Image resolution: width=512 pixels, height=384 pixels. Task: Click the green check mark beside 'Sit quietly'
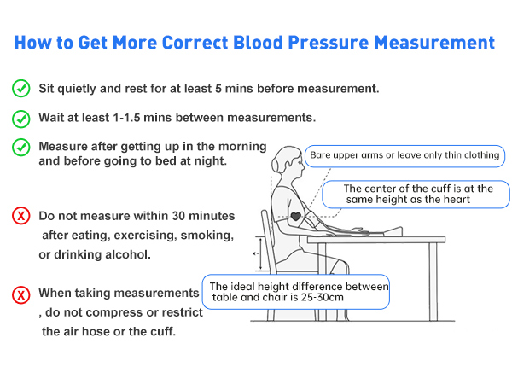click(x=20, y=88)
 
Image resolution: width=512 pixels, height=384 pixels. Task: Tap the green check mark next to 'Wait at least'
click(x=20, y=118)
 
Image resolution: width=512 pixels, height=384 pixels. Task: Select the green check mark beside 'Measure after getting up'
click(x=20, y=147)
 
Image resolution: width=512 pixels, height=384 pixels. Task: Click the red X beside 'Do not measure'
click(x=20, y=216)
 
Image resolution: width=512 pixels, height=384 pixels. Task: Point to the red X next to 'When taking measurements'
click(x=20, y=294)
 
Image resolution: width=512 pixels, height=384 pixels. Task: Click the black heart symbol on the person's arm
click(x=295, y=216)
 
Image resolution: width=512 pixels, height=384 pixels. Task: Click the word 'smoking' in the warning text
click(x=208, y=235)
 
